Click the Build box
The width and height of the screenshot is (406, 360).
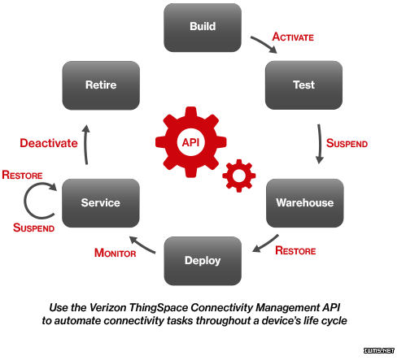click(203, 28)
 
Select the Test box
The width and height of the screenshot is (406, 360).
click(303, 85)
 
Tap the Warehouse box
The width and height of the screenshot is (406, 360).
click(304, 203)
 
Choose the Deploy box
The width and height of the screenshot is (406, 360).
click(203, 261)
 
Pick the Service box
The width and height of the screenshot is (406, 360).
click(101, 203)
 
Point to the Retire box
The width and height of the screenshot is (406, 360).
click(101, 85)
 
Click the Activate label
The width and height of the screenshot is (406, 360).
click(293, 37)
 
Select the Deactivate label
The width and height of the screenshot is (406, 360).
click(49, 143)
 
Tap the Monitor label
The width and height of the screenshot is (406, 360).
click(115, 253)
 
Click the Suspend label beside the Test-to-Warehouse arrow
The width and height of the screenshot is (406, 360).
click(347, 143)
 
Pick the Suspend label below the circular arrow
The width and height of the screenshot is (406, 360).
click(33, 228)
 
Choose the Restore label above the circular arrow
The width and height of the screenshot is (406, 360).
click(22, 175)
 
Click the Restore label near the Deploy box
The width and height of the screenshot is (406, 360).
click(295, 250)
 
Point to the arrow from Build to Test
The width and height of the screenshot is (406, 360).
click(264, 43)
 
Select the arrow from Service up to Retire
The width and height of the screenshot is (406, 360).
click(85, 145)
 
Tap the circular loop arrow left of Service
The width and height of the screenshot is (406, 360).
click(25, 201)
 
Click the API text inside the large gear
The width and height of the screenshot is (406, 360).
click(190, 142)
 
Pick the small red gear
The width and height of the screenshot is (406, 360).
click(239, 176)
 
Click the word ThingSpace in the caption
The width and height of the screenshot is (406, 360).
click(159, 308)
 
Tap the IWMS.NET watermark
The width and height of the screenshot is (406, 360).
click(379, 350)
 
